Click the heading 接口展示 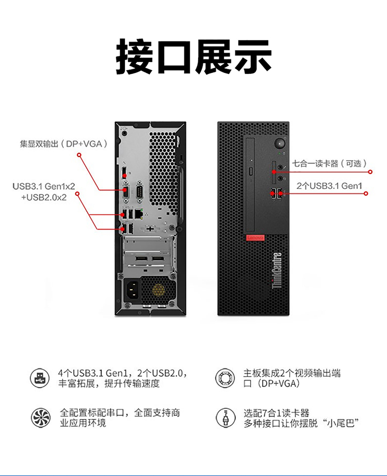pos(193,57)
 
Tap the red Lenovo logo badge pos(255,237)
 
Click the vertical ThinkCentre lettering pos(277,270)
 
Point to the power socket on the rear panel pos(132,290)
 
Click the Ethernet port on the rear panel pos(139,214)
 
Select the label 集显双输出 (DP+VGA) pos(64,144)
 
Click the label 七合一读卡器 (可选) pos(330,164)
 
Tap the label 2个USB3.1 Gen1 pos(329,186)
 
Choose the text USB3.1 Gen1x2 pos(44,186)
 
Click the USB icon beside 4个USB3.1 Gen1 pos(40,378)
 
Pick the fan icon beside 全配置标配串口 pos(41,418)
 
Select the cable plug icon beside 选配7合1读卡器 pos(225,418)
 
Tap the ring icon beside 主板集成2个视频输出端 pos(225,378)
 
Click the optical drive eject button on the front pos(251,171)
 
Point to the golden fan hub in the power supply pos(158,290)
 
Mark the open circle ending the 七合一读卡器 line pos(370,172)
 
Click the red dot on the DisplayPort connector pos(124,175)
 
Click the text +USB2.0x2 pos(44,197)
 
